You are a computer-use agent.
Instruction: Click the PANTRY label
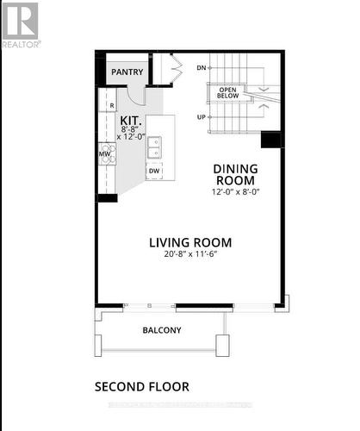click(127, 72)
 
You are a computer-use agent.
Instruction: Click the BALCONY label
click(161, 329)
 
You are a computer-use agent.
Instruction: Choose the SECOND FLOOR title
click(141, 387)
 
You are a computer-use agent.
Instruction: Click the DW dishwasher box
click(154, 171)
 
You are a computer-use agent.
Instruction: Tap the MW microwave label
click(104, 155)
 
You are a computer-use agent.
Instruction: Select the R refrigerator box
click(111, 104)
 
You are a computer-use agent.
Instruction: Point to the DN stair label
click(201, 67)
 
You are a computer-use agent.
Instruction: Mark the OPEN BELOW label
click(227, 91)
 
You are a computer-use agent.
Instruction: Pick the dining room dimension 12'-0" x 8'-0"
click(235, 192)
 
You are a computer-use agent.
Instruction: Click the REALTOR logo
click(20, 24)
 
